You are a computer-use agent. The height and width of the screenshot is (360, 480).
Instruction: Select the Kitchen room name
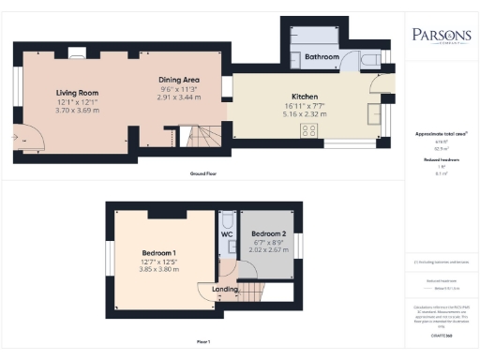(x=305, y=97)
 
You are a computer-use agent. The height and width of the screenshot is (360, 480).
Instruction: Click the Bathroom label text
(x=322, y=58)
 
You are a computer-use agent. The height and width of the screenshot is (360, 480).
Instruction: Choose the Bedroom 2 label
(x=269, y=233)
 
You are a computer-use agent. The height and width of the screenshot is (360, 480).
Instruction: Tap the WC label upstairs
(x=226, y=233)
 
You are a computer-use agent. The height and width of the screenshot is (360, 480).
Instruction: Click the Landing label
(x=225, y=289)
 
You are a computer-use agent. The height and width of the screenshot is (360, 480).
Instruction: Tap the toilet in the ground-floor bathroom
(x=369, y=60)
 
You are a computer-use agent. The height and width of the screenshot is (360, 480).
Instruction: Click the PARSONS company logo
(x=442, y=37)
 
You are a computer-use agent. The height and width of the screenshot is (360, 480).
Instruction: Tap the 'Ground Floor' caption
(x=205, y=173)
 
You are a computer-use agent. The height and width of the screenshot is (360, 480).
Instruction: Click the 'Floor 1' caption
(x=202, y=339)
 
